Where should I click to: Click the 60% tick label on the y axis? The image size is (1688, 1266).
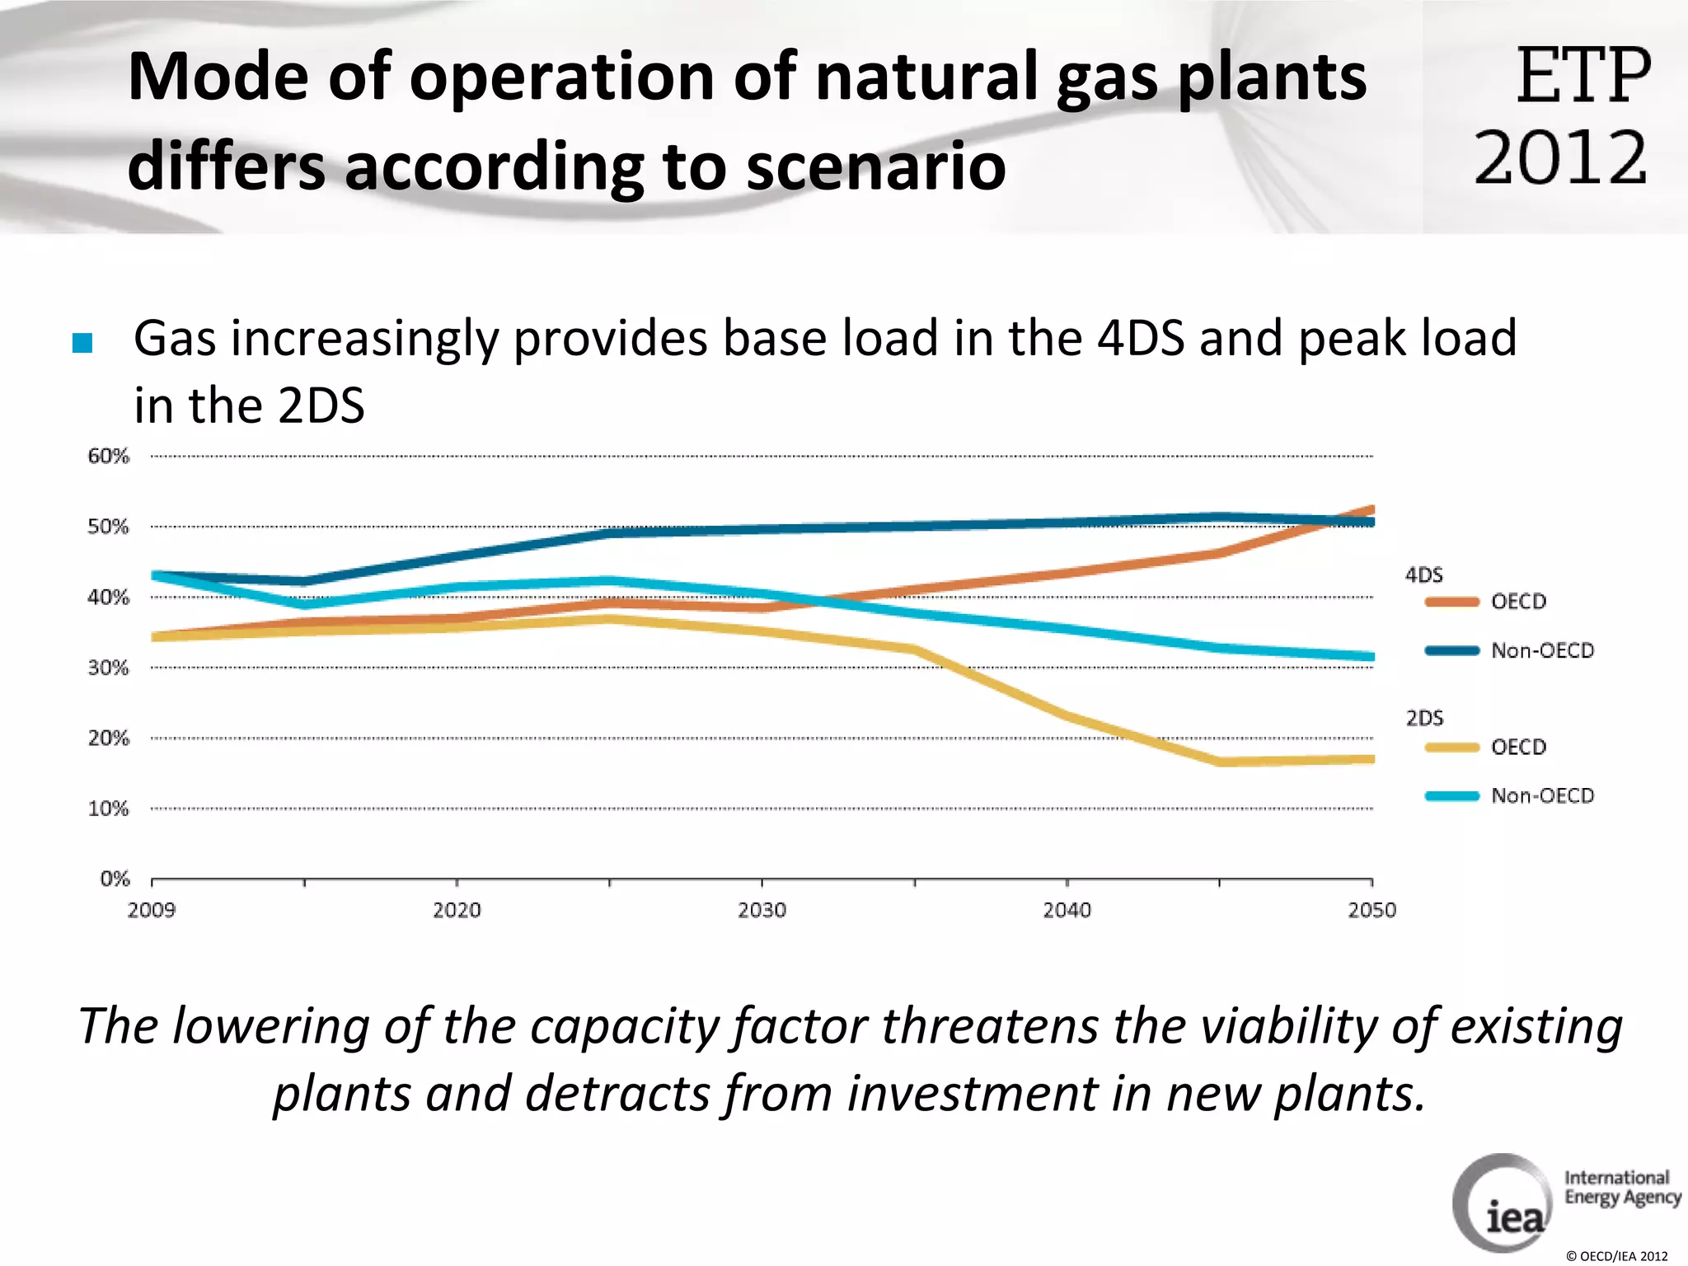pos(109,456)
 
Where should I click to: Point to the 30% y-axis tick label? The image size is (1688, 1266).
pos(109,668)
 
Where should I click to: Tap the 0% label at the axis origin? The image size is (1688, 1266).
pos(115,879)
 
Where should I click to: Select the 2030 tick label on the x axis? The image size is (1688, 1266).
pos(762,910)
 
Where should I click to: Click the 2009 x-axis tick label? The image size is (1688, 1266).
pos(152,910)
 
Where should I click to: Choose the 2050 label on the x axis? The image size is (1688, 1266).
pos(1371,910)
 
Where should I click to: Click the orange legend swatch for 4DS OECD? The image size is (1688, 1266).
pos(1451,602)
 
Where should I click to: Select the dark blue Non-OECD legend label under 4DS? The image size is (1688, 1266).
pos(1542,650)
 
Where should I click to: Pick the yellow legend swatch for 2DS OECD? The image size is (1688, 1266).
pos(1451,748)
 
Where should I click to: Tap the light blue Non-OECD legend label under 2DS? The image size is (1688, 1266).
pos(1542,795)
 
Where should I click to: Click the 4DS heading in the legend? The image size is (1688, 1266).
pos(1423,574)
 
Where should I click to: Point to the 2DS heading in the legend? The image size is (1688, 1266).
pos(1424,718)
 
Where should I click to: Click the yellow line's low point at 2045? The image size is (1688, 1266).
pos(1220,762)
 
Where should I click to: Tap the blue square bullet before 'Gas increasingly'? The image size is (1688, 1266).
pos(82,343)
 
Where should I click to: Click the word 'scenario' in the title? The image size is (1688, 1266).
pos(875,166)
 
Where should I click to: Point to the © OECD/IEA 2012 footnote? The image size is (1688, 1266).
pos(1616,1256)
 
